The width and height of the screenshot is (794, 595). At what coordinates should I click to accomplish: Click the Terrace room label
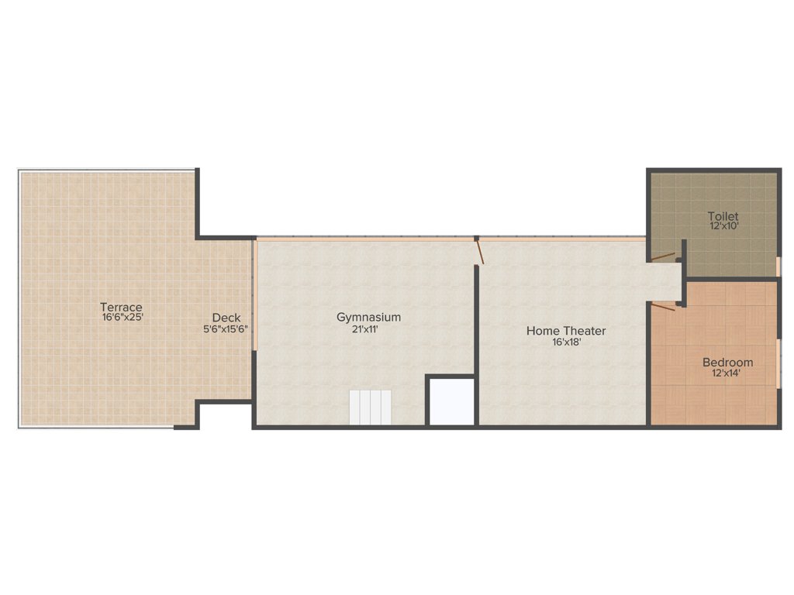(122, 307)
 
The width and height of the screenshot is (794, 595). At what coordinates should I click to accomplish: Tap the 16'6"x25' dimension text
(122, 317)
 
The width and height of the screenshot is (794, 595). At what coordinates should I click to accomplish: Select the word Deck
(226, 318)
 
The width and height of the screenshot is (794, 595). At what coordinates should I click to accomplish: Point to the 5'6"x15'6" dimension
(226, 328)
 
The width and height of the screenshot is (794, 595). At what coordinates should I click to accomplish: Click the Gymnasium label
(368, 317)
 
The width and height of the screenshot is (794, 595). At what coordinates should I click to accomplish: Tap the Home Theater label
(566, 331)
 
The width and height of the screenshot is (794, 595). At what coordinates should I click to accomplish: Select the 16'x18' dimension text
(566, 342)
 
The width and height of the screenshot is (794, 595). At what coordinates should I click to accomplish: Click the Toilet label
(723, 216)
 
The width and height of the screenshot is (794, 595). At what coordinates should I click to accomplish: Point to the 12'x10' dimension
(723, 226)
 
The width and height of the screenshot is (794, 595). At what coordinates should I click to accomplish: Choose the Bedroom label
(727, 363)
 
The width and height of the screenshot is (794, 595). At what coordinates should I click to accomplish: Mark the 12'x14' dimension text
(727, 373)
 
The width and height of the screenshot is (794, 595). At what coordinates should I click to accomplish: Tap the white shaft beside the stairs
(452, 401)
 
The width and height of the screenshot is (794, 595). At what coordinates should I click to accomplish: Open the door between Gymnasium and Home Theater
(479, 253)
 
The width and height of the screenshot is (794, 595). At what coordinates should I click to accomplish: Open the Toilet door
(663, 256)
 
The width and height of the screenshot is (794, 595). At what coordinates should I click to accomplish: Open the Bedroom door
(663, 308)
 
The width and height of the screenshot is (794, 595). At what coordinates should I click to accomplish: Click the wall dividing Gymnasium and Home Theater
(477, 349)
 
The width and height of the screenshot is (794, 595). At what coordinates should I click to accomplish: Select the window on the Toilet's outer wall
(778, 266)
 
